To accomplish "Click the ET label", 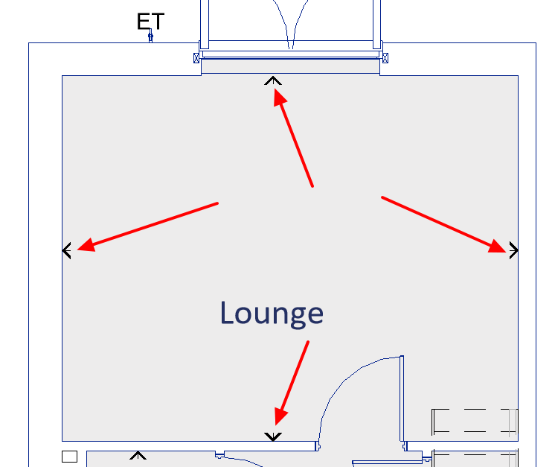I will coord(150,21).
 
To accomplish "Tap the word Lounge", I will coord(272,313).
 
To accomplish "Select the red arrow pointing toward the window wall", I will coord(294,138).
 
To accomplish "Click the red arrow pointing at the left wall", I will coord(148,226).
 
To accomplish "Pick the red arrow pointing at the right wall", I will coord(444,224).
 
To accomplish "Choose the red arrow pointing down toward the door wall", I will coord(291,382).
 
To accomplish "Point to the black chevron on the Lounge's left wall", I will coord(67,251).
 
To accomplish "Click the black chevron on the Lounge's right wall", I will coord(513,251).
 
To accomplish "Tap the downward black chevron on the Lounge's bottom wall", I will coord(273,436).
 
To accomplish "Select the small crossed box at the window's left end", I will coord(197,57).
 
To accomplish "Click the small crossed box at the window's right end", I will coord(384,57).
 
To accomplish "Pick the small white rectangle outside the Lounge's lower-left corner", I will coord(69,456).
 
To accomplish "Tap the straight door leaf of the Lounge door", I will coord(402,402).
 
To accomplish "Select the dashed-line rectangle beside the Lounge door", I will coord(474,421).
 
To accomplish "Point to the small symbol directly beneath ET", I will coord(150,36).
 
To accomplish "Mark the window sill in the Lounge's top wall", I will coord(291,66).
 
